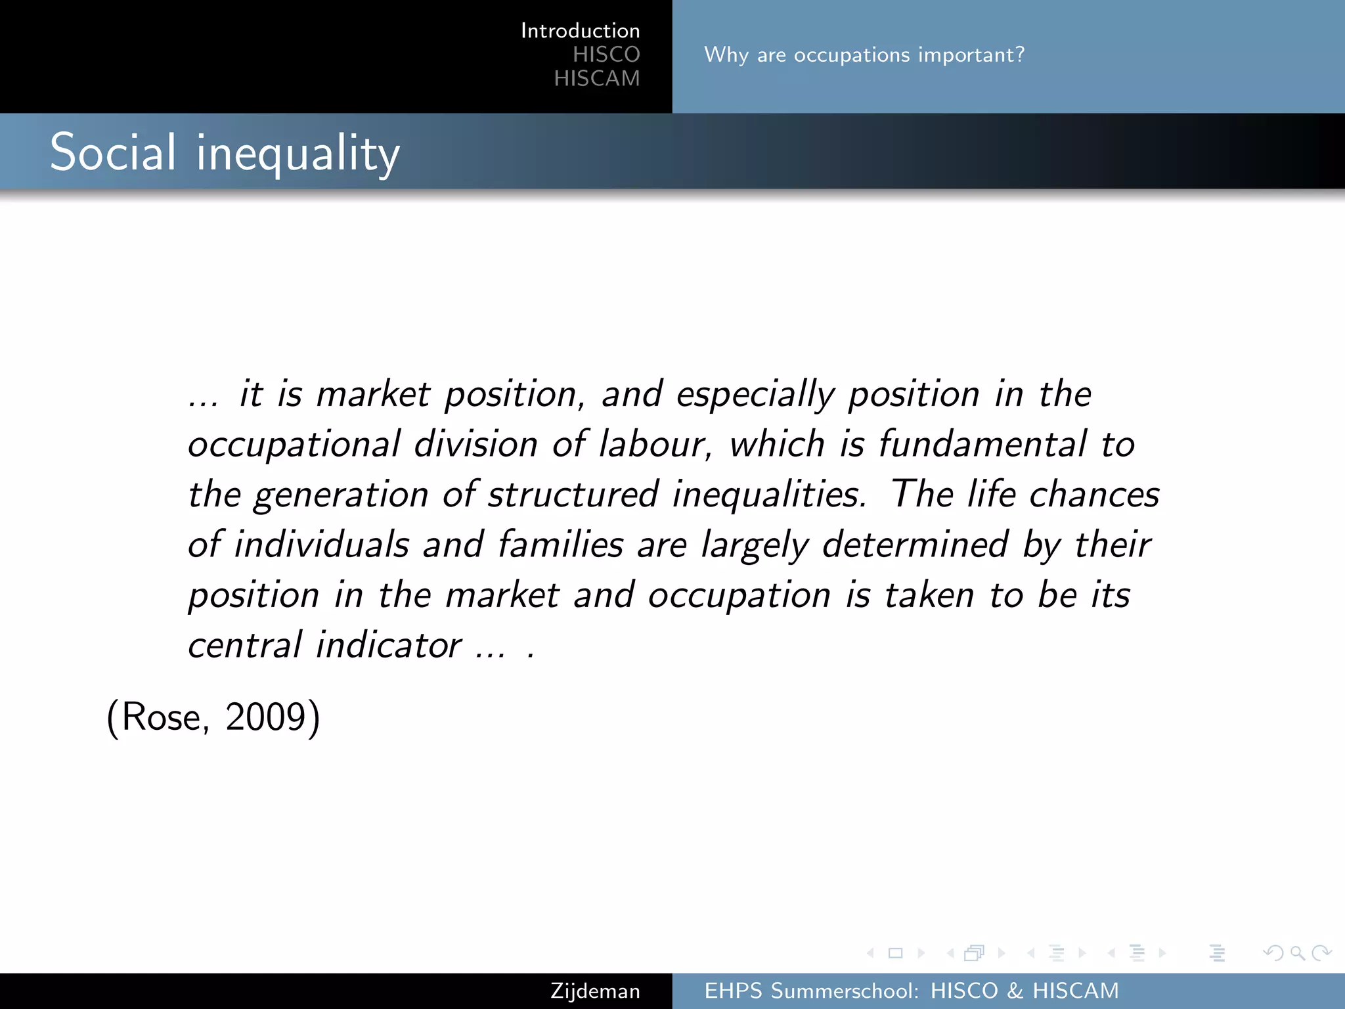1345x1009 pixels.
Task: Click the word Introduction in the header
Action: pos(580,31)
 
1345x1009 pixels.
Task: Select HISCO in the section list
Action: pos(606,55)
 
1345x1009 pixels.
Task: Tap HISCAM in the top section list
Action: pos(596,79)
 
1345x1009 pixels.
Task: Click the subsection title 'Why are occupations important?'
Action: pos(864,55)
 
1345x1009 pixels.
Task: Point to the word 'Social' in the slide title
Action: pos(113,152)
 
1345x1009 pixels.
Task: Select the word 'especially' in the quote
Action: pos(755,395)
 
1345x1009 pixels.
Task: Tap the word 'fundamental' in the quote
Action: pos(982,445)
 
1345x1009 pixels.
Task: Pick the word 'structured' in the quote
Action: pos(573,495)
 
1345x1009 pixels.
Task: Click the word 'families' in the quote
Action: pos(560,545)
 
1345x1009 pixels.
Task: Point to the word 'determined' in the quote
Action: pos(915,545)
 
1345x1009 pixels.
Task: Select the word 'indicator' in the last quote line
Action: pos(389,645)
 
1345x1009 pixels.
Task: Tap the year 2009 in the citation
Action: pos(265,717)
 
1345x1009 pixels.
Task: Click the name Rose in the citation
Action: pos(162,717)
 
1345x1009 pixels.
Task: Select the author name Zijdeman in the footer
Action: pos(595,991)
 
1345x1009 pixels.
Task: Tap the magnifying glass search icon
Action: pos(1297,953)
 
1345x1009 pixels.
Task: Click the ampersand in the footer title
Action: pos(1015,991)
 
